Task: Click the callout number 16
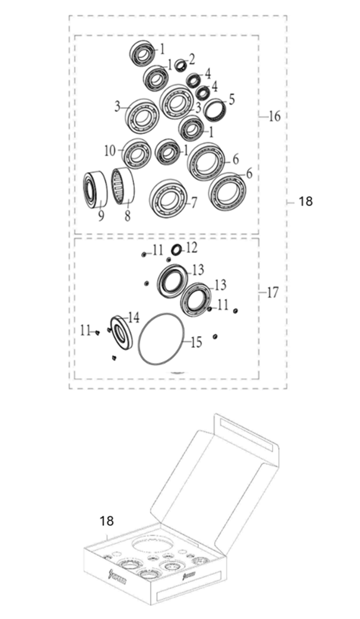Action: (274, 117)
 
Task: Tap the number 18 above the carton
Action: (107, 521)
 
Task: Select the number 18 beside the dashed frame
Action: (305, 202)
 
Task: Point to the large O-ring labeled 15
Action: (161, 338)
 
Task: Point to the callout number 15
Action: (196, 342)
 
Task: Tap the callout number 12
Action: (191, 248)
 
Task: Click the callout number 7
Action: (193, 204)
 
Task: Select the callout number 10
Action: (110, 150)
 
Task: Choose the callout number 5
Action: (231, 99)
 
